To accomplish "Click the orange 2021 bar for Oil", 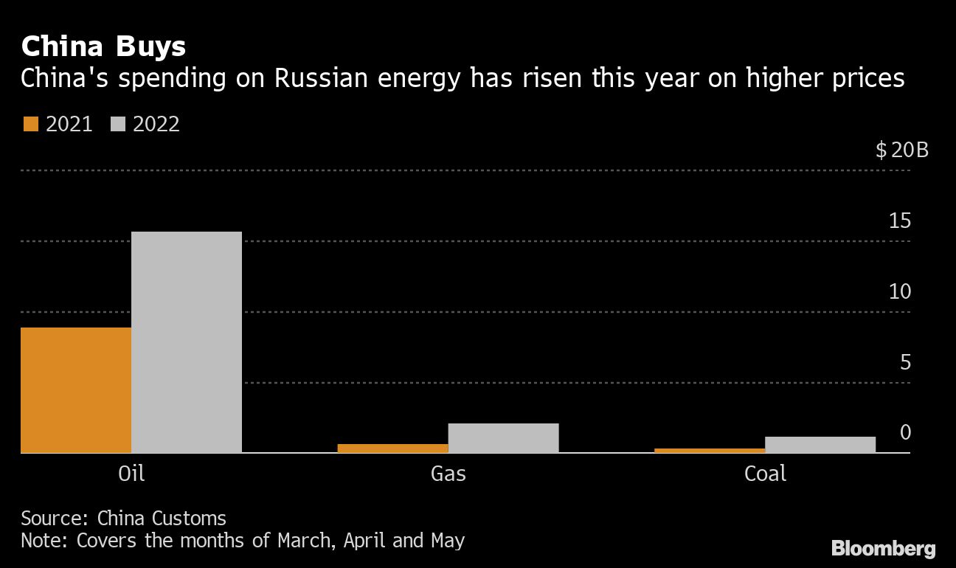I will (x=76, y=389).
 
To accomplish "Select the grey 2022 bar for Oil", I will (x=187, y=342).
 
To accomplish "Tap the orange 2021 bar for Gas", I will (x=392, y=448).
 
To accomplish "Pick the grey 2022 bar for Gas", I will (x=503, y=437).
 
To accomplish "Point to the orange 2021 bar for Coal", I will (x=710, y=450).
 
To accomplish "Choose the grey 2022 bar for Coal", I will (x=820, y=444).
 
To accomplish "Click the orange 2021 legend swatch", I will (x=30, y=124).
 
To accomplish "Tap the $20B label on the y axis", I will (x=901, y=150).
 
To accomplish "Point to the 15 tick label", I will (x=900, y=221).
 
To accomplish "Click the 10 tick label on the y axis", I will (x=900, y=291).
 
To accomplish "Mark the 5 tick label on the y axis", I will (x=905, y=362).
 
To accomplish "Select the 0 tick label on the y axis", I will (x=905, y=432).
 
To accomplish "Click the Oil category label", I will (x=131, y=473).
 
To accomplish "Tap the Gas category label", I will (x=448, y=473).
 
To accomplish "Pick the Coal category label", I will (x=765, y=473).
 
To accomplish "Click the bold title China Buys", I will (x=103, y=47).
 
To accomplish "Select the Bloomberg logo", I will (x=883, y=548).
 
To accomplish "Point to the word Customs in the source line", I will (x=192, y=518).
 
